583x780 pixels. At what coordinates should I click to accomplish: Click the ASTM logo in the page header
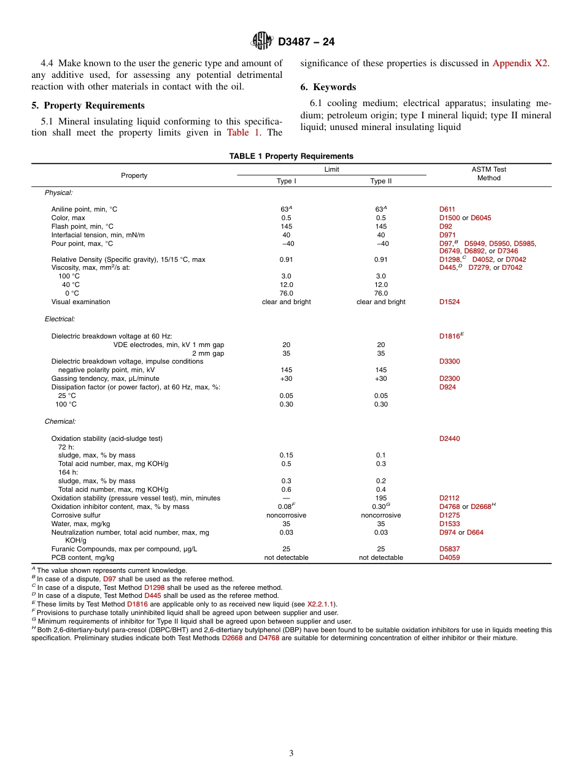click(262, 41)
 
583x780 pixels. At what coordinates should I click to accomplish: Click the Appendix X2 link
click(520, 63)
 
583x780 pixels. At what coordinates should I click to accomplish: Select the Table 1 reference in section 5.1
click(243, 132)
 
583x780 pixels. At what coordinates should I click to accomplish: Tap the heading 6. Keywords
click(328, 87)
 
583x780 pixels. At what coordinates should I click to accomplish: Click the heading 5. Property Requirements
click(88, 105)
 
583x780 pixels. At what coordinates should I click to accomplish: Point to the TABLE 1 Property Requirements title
click(291, 156)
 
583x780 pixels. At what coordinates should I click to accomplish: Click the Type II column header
click(380, 181)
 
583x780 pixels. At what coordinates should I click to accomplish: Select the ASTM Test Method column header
click(488, 174)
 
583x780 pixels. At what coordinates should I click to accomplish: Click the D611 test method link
click(447, 209)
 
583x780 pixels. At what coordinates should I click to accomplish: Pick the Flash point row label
click(82, 226)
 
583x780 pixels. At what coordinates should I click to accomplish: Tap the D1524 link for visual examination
click(449, 302)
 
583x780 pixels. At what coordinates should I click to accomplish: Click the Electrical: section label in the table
click(60, 319)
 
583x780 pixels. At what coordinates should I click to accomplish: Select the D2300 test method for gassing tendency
click(449, 378)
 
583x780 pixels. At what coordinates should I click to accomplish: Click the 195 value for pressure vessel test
click(380, 498)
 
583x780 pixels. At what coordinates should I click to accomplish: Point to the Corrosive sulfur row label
click(75, 515)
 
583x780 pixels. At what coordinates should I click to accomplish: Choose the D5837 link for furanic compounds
click(449, 549)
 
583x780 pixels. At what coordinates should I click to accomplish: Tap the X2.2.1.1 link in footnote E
click(321, 604)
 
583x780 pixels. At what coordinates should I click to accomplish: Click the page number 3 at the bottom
click(291, 753)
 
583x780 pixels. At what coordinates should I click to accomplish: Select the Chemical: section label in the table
click(60, 421)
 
